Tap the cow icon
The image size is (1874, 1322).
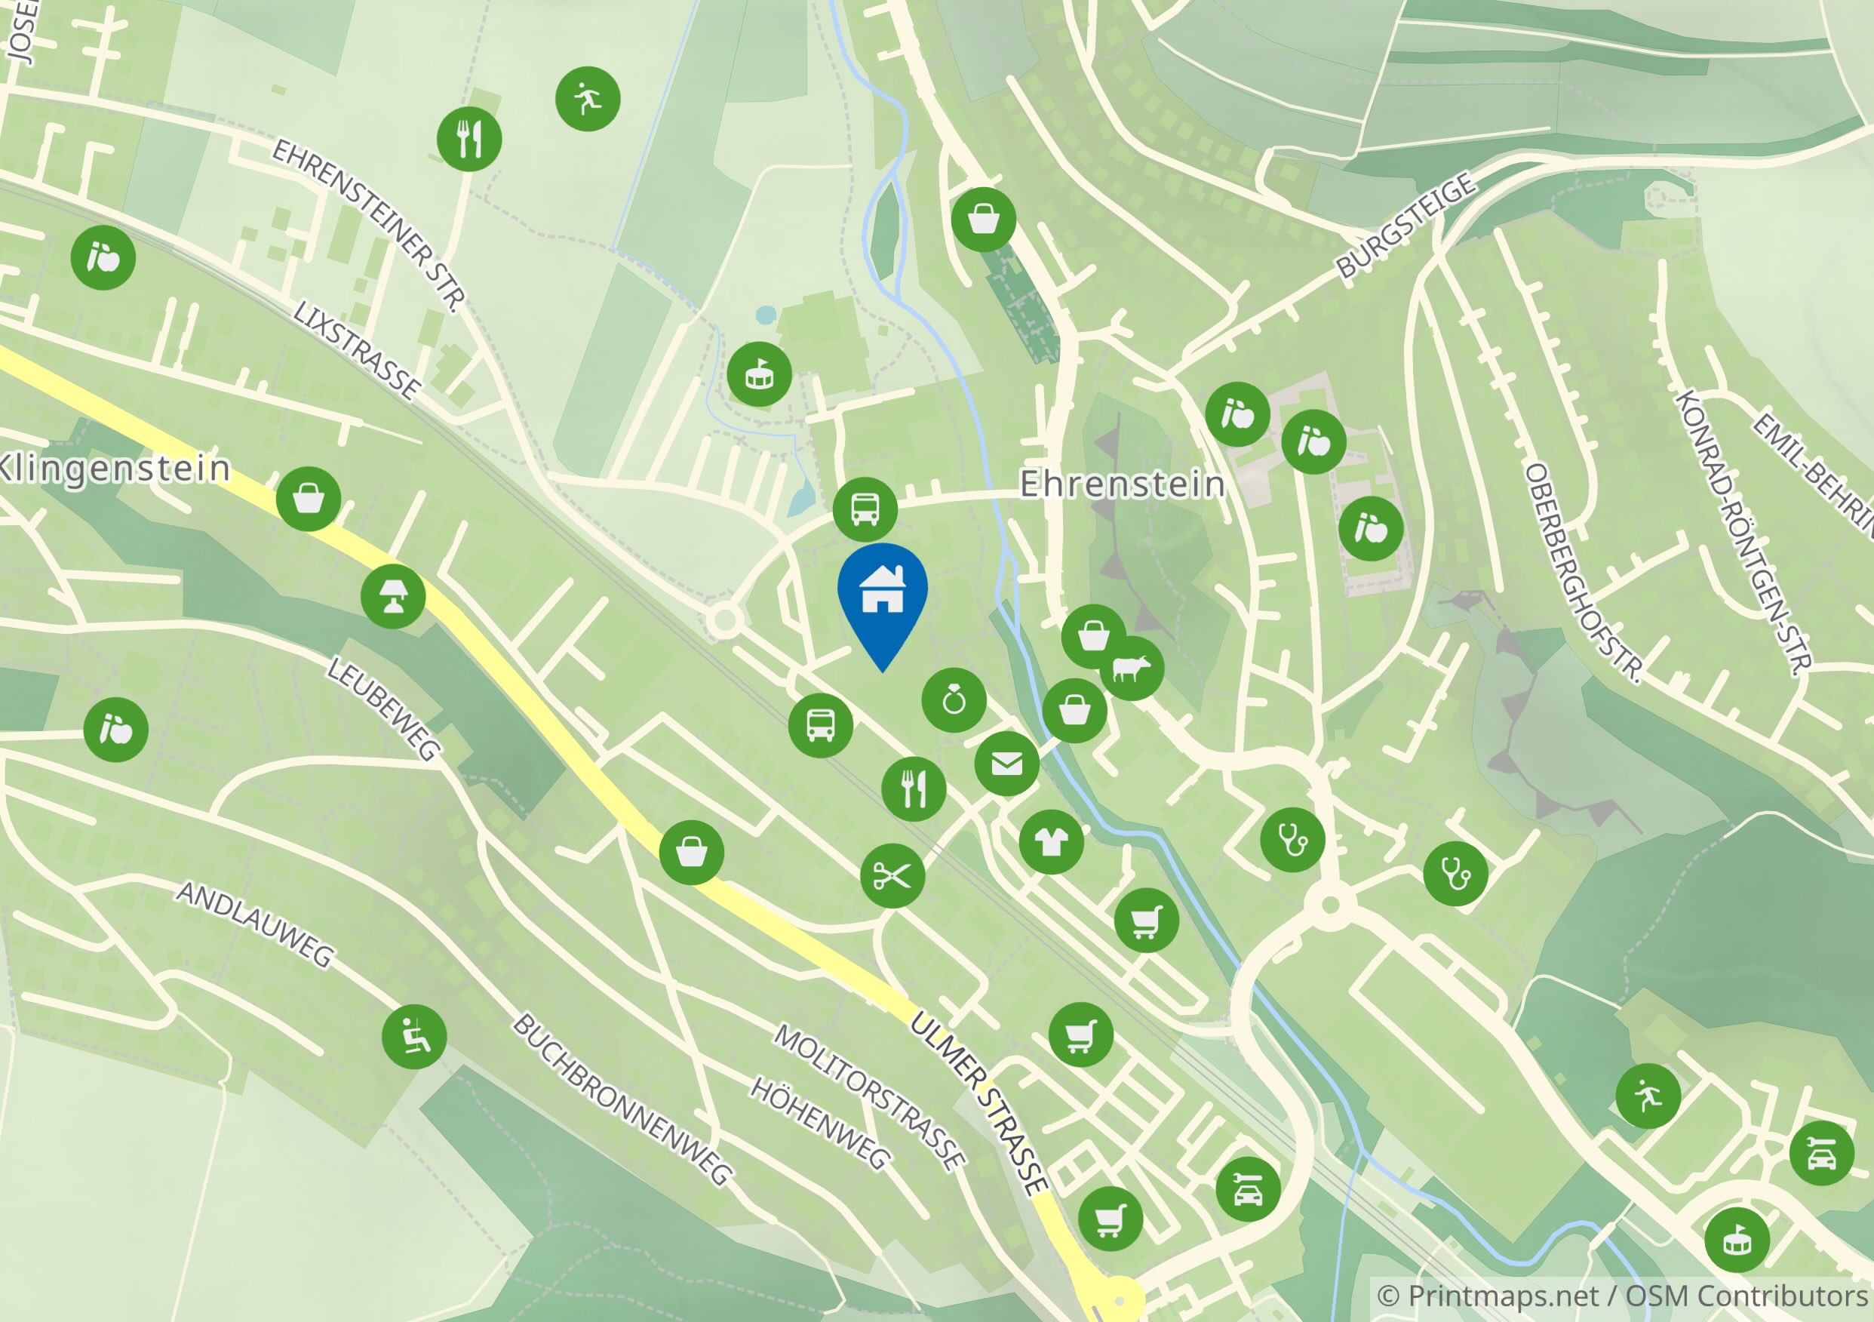click(x=1131, y=669)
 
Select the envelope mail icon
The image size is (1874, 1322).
click(x=1006, y=764)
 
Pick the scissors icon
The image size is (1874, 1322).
click(x=892, y=876)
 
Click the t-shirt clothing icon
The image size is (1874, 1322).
click(x=1051, y=842)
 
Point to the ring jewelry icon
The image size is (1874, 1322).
click(x=954, y=700)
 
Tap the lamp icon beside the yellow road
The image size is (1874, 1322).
click(x=392, y=597)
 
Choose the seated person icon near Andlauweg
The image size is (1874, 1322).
click(x=414, y=1037)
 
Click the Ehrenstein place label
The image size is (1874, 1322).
click(x=1123, y=484)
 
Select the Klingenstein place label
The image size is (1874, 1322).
click(x=114, y=469)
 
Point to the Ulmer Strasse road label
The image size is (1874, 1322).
click(x=978, y=1103)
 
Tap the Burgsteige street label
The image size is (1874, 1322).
click(x=1405, y=226)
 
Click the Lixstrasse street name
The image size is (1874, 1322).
click(x=357, y=349)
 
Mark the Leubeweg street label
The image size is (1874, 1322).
click(x=383, y=708)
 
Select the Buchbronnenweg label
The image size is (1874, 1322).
click(x=622, y=1099)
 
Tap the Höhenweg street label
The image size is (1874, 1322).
click(x=819, y=1123)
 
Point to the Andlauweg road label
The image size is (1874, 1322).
click(x=256, y=924)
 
